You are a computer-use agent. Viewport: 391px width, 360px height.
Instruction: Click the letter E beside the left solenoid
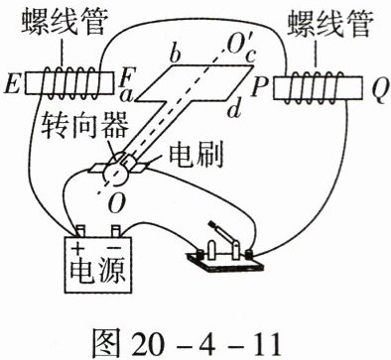coord(13,86)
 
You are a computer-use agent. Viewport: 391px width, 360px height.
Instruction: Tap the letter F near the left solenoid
coord(126,78)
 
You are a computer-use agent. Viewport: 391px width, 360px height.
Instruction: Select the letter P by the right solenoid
coord(259,87)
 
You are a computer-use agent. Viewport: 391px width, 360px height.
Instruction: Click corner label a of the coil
coord(126,96)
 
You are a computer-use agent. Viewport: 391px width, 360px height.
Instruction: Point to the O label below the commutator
coord(116,203)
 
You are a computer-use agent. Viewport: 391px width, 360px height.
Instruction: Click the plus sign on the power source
coord(78,247)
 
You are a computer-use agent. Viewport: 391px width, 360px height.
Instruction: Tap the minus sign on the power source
coord(115,247)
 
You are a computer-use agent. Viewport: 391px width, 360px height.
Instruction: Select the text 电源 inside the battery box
coord(98,271)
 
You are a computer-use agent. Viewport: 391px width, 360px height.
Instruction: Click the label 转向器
coord(84,126)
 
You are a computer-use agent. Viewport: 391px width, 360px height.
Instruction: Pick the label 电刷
coord(196,155)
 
